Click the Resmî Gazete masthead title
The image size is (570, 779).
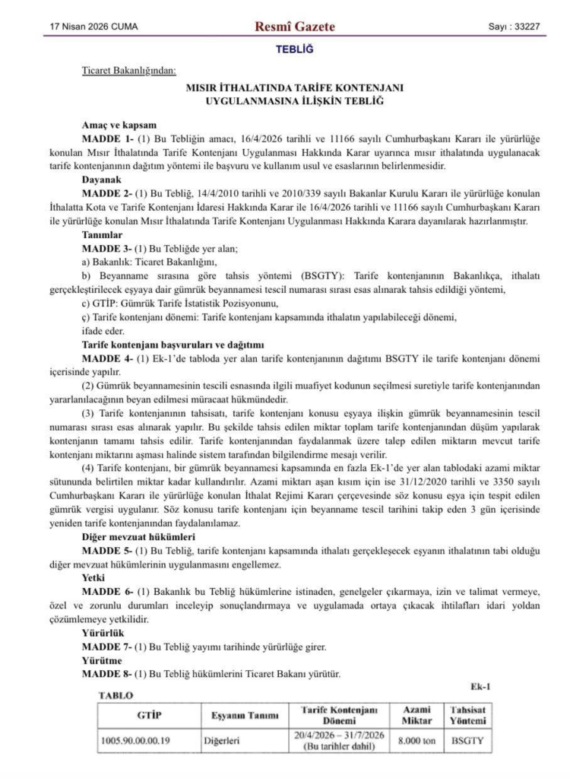[x=296, y=27]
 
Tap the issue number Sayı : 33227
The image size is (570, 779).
[x=514, y=27]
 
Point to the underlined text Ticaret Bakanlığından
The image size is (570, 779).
[x=128, y=72]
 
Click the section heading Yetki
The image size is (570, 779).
[x=94, y=576]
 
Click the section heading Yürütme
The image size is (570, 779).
[x=102, y=660]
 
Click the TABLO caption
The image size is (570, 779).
[x=116, y=695]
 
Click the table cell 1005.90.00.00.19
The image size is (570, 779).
[x=136, y=739]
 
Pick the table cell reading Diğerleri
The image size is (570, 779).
[x=221, y=739]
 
